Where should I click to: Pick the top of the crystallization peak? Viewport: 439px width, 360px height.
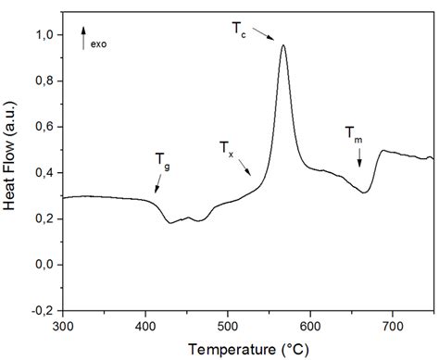point(283,45)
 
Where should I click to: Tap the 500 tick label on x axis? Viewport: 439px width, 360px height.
point(228,325)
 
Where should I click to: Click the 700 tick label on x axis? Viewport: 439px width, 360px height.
point(393,325)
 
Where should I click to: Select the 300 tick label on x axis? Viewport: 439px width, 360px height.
point(63,325)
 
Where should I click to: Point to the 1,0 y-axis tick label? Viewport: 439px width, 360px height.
point(42,34)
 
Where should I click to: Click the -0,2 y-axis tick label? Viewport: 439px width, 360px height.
point(40,311)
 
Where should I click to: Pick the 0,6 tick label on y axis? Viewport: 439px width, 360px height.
point(42,127)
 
